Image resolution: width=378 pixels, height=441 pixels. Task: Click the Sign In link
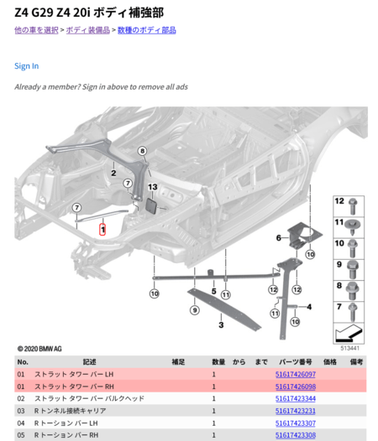[27, 66]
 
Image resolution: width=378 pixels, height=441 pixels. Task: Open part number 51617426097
[296, 374]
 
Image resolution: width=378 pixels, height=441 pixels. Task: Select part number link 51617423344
[296, 398]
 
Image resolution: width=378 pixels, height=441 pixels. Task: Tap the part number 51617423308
[296, 435]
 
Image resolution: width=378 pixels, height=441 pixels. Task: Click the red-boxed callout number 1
[102, 230]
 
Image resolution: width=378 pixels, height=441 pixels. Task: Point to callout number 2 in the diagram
[113, 173]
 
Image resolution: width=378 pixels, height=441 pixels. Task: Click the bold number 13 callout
[153, 187]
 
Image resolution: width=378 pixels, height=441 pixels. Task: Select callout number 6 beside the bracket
[279, 238]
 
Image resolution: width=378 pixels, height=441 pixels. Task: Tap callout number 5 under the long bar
[214, 292]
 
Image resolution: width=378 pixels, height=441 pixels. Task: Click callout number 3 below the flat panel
[221, 325]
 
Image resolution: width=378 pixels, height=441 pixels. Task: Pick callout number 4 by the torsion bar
[309, 307]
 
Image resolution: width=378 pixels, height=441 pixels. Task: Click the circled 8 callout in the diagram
[142, 151]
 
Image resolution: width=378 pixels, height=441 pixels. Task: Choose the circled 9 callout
[195, 310]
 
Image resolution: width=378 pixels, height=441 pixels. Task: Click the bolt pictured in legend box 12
[353, 206]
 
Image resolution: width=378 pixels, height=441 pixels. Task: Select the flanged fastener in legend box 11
[352, 226]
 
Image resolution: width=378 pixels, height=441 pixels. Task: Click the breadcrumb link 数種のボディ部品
[146, 30]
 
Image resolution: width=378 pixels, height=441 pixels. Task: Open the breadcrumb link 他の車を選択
[36, 30]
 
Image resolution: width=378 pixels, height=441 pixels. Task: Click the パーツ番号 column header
[296, 362]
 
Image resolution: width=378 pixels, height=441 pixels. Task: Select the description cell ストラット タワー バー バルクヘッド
[89, 398]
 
